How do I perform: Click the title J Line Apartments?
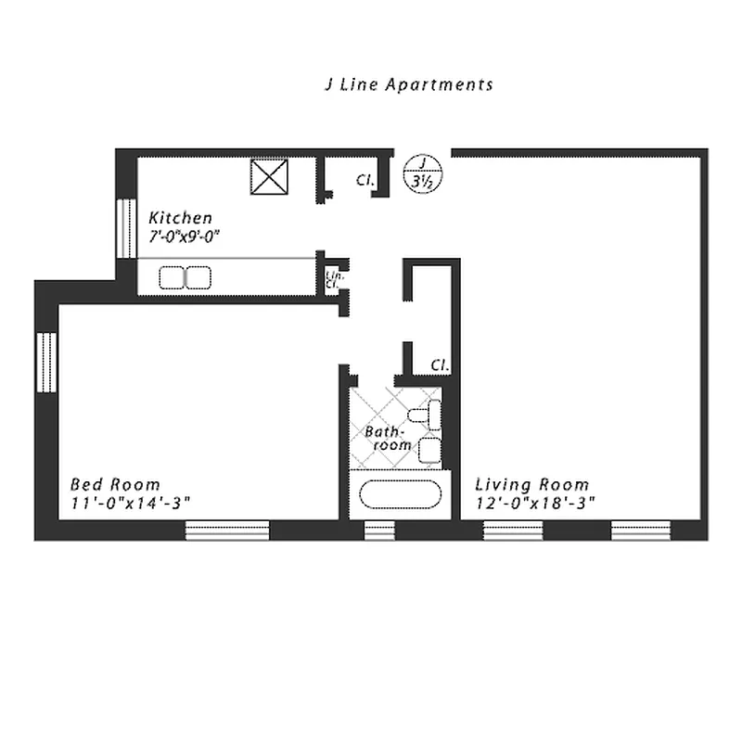coord(408,84)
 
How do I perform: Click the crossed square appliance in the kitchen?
coord(270,176)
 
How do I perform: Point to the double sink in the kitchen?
coord(185,277)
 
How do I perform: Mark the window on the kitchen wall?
coord(123,226)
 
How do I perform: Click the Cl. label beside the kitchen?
coord(365,181)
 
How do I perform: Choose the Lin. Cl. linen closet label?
coord(331,278)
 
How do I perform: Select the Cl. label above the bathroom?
coord(441,365)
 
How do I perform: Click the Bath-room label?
coord(387,438)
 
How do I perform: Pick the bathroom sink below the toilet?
coord(429,451)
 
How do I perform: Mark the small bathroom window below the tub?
coord(378,531)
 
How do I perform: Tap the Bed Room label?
coord(115,484)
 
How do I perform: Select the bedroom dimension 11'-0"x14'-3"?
coord(131,503)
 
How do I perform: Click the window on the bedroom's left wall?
coord(46,362)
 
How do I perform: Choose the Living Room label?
coord(531,484)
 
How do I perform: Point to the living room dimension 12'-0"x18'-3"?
coord(534,503)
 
